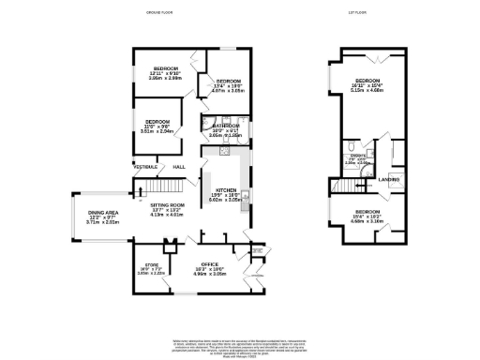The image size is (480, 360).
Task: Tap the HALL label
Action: pos(178,168)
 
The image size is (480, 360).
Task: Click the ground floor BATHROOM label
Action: pos(226,125)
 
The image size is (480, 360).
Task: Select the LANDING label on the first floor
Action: pos(390,178)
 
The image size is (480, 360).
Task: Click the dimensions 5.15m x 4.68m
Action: pos(362,91)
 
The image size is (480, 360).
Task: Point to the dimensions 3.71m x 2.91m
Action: pos(103,222)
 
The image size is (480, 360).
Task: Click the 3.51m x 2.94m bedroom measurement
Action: pos(157,132)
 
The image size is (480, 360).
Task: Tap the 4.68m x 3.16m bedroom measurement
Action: pos(367,222)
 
